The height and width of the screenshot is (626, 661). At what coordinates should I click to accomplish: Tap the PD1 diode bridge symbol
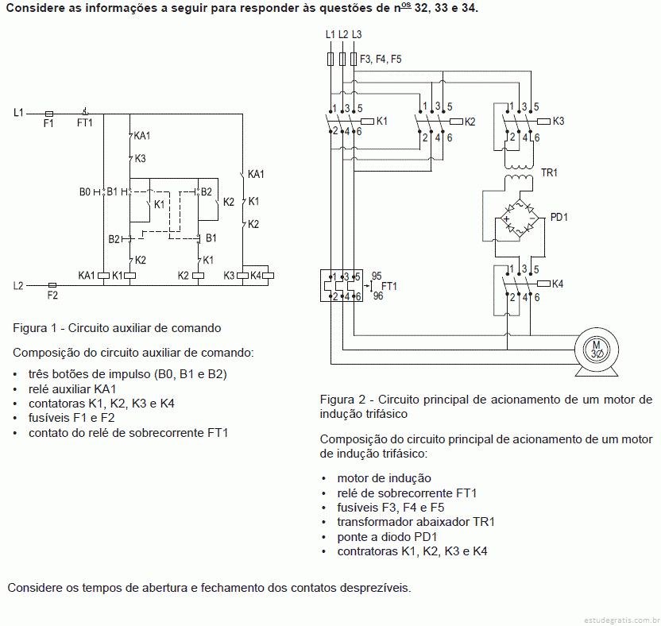pos(520,219)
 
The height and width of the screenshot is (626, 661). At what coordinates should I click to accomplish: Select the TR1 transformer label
pos(549,173)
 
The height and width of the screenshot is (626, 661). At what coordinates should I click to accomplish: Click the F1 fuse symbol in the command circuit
pos(49,114)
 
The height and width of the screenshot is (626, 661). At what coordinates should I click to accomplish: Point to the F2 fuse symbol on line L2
pos(52,285)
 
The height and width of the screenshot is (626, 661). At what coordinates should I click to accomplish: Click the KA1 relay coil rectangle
pos(104,276)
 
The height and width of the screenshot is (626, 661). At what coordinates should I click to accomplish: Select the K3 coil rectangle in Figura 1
pos(243,276)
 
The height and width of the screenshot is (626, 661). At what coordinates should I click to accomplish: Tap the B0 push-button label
pos(85,192)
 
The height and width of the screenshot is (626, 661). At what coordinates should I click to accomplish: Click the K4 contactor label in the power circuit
pos(557,284)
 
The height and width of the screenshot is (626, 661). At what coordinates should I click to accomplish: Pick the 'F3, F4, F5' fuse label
pos(381,59)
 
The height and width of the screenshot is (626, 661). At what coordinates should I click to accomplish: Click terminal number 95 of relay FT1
pos(377,276)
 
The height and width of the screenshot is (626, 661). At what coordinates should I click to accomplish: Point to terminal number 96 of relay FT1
pos(378,296)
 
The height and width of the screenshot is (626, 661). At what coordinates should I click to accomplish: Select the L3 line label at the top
pos(357,35)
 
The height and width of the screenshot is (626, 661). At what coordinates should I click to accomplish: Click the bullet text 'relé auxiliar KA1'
pos(72,388)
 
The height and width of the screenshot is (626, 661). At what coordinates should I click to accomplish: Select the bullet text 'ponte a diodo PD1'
pos(387,537)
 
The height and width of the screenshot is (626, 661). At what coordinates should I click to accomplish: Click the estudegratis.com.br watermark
pos(622,620)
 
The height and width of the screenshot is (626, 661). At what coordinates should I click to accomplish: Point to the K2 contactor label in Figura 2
pos(470,122)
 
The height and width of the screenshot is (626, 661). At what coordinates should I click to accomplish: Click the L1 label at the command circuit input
pos(18,113)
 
